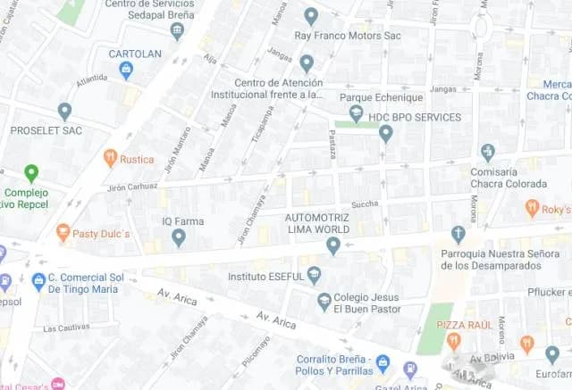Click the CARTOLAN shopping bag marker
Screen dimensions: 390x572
pyautogui.click(x=126, y=69)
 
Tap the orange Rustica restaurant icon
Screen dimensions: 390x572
pyautogui.click(x=111, y=158)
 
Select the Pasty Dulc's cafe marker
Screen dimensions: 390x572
pyautogui.click(x=63, y=232)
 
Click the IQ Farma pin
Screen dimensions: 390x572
pyautogui.click(x=179, y=237)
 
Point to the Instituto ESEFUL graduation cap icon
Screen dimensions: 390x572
pyautogui.click(x=314, y=275)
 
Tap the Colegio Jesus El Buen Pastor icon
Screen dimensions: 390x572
pyautogui.click(x=324, y=303)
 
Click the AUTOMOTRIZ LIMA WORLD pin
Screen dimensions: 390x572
pyautogui.click(x=333, y=245)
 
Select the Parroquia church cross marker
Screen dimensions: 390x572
pyautogui.click(x=458, y=235)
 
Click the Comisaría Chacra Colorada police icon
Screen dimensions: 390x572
pyautogui.click(x=487, y=152)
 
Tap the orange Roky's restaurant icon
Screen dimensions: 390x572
pyautogui.click(x=533, y=209)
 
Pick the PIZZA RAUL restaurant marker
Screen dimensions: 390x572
pyautogui.click(x=453, y=340)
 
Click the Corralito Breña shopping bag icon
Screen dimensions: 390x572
pyautogui.click(x=383, y=362)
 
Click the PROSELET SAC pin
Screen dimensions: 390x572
pyautogui.click(x=64, y=111)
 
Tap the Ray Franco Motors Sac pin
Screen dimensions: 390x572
pyautogui.click(x=311, y=16)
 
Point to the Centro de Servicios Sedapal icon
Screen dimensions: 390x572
pyautogui.click(x=177, y=31)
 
